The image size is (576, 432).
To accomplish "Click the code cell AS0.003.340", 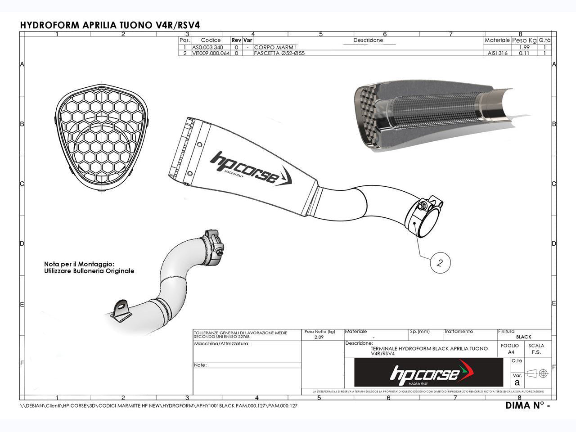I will click(207, 47).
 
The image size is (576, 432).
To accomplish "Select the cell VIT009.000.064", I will click(211, 53).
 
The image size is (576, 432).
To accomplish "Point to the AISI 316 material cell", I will click(497, 53).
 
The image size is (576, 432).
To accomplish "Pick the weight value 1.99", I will click(524, 47).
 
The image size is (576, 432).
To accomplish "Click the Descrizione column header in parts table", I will click(368, 40).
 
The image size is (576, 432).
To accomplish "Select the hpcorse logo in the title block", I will click(428, 373).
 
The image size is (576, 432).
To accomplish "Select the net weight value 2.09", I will click(318, 337).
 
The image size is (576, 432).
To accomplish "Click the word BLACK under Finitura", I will click(523, 337).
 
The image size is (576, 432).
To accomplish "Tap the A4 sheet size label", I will click(510, 352).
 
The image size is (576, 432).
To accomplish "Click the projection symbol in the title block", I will click(538, 373).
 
